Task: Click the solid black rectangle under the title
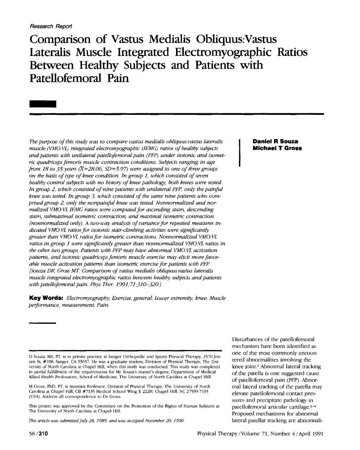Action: tap(44, 104)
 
